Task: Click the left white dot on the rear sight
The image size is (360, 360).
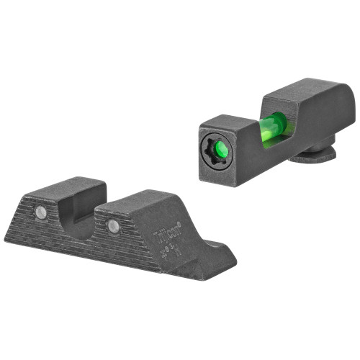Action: pyautogui.click(x=42, y=212)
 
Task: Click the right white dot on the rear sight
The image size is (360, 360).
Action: pyautogui.click(x=113, y=226)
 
